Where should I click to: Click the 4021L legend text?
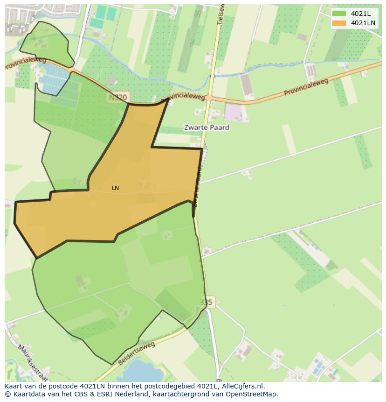point(361,14)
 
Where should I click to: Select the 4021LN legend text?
point(363,23)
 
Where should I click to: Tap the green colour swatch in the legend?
point(339,14)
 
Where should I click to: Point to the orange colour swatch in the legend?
point(339,23)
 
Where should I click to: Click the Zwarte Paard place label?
point(207,127)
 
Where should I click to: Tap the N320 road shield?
point(117,98)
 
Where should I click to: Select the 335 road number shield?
point(207,303)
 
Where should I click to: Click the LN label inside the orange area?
point(116,188)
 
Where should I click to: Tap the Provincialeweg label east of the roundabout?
point(306,87)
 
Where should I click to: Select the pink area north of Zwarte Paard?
point(234,113)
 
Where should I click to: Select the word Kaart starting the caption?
point(14,386)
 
